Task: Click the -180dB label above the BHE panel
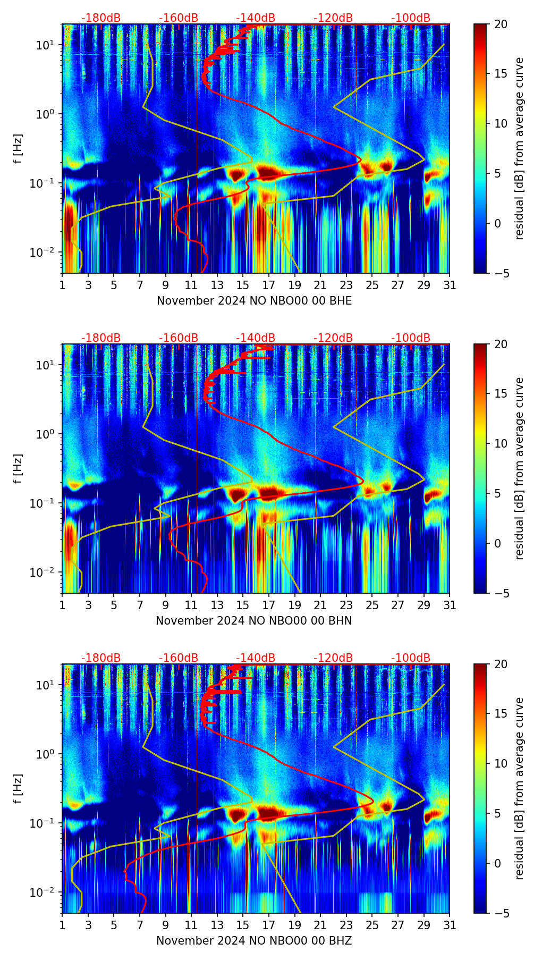click(x=101, y=18)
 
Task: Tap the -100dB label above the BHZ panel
click(x=411, y=658)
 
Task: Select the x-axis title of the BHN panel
click(x=254, y=620)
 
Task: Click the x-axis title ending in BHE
click(x=254, y=300)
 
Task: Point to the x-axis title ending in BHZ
click(x=254, y=940)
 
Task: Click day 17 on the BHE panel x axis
click(x=269, y=285)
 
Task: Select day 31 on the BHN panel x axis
click(x=450, y=605)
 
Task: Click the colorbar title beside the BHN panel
click(x=520, y=468)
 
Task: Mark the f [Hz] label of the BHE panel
click(x=19, y=148)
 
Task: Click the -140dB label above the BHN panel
click(x=256, y=338)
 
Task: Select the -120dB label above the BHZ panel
click(x=333, y=658)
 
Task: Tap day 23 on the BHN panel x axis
click(x=346, y=605)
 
